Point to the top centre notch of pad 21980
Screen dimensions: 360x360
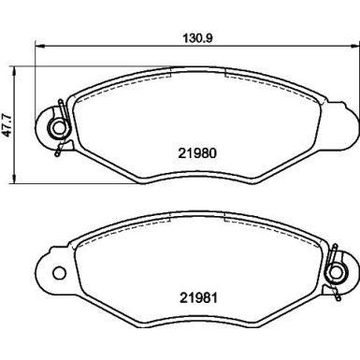(x=194, y=74)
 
